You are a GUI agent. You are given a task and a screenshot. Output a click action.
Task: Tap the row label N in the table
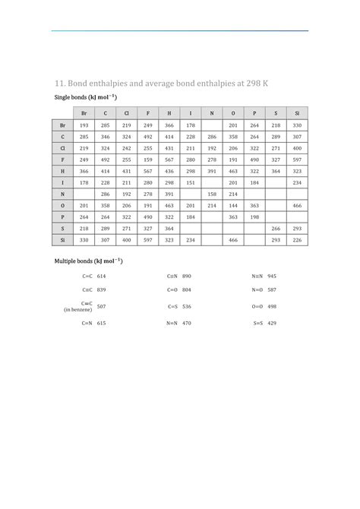[62, 194]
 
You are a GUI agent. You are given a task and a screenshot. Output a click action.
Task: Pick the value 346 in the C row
[105, 136]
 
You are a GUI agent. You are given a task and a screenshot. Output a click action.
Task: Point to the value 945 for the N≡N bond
[272, 275]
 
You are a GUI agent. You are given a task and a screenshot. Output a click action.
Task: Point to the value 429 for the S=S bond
[272, 323]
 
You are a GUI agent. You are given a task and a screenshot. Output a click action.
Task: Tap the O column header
[233, 112]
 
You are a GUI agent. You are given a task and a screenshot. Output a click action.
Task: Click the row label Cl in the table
[62, 147]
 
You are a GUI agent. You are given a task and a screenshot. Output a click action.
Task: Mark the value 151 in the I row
[190, 182]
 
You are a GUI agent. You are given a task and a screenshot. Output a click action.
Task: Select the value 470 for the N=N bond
[186, 323]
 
